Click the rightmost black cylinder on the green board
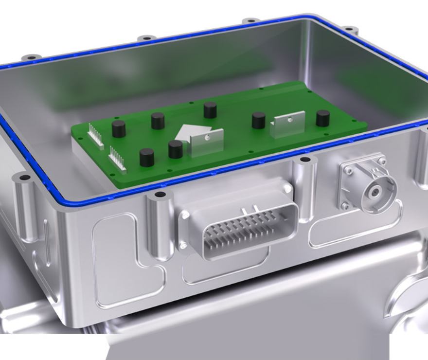pyautogui.click(x=322, y=118)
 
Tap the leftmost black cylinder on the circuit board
pyautogui.click(x=119, y=129)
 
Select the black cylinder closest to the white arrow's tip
pyautogui.click(x=175, y=149)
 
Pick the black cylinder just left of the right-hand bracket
pyautogui.click(x=258, y=120)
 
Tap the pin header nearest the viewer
pyautogui.click(x=117, y=159)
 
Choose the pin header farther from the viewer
pyautogui.click(x=95, y=136)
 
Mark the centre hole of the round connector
pyautogui.click(x=374, y=192)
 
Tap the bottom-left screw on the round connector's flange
pyautogui.click(x=346, y=206)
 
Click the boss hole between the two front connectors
pyautogui.click(x=305, y=160)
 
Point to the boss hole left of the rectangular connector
pyautogui.click(x=160, y=195)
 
